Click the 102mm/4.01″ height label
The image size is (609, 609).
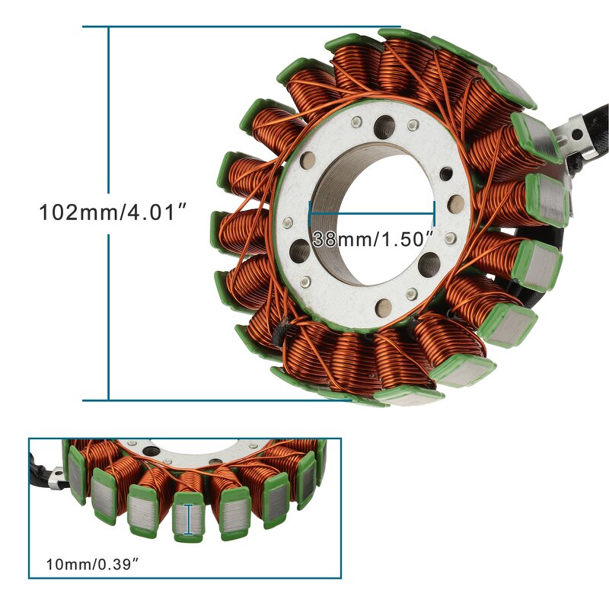113,212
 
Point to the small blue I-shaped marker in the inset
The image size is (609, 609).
188,518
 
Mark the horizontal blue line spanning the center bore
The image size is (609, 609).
371,203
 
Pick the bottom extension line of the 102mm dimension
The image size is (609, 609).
228,400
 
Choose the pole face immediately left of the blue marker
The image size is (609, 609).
143,508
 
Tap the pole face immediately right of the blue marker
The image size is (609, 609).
232,512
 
